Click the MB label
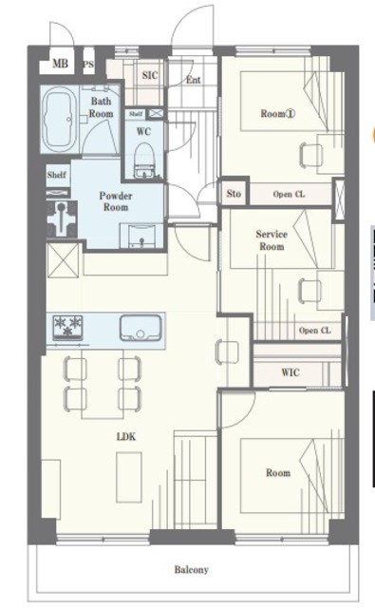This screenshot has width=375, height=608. tap(60, 64)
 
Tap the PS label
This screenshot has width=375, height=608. tap(88, 65)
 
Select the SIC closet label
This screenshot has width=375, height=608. tap(150, 75)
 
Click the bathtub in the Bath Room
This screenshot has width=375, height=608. tap(60, 120)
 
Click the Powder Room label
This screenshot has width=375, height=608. tap(116, 201)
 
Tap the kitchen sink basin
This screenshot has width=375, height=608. tap(141, 328)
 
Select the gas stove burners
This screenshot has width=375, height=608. tap(68, 328)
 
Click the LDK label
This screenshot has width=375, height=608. tap(126, 437)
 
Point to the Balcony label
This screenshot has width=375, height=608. tap(192, 570)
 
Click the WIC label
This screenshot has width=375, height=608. tap(291, 372)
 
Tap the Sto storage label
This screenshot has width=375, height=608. tap(234, 194)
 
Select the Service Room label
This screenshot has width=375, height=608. tap(272, 240)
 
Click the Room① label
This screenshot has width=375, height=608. tap(278, 114)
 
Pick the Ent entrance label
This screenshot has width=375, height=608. tap(194, 80)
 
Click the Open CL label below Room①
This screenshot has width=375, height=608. tap(289, 194)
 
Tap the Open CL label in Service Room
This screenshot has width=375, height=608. tap(315, 331)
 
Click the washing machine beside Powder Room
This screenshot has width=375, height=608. tap(62, 219)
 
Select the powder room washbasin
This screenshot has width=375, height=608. tap(141, 236)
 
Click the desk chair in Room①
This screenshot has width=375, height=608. tap(311, 155)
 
